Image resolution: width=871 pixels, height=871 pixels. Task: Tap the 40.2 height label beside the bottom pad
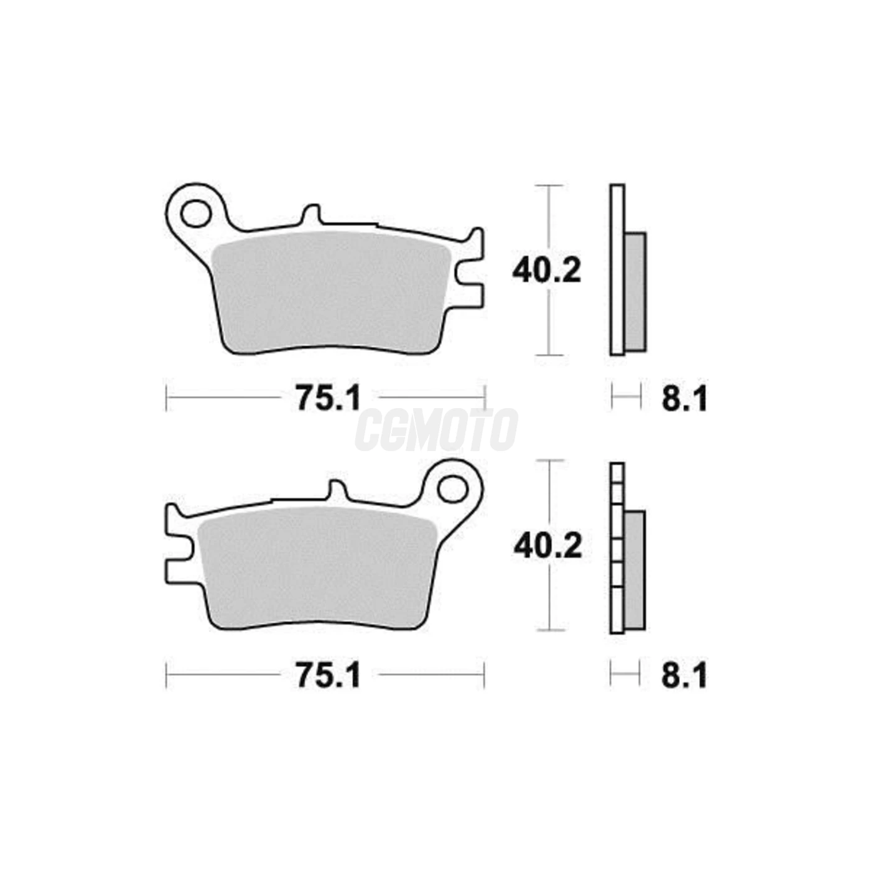pos(548,546)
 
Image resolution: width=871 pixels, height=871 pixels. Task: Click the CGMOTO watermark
pos(436,430)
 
